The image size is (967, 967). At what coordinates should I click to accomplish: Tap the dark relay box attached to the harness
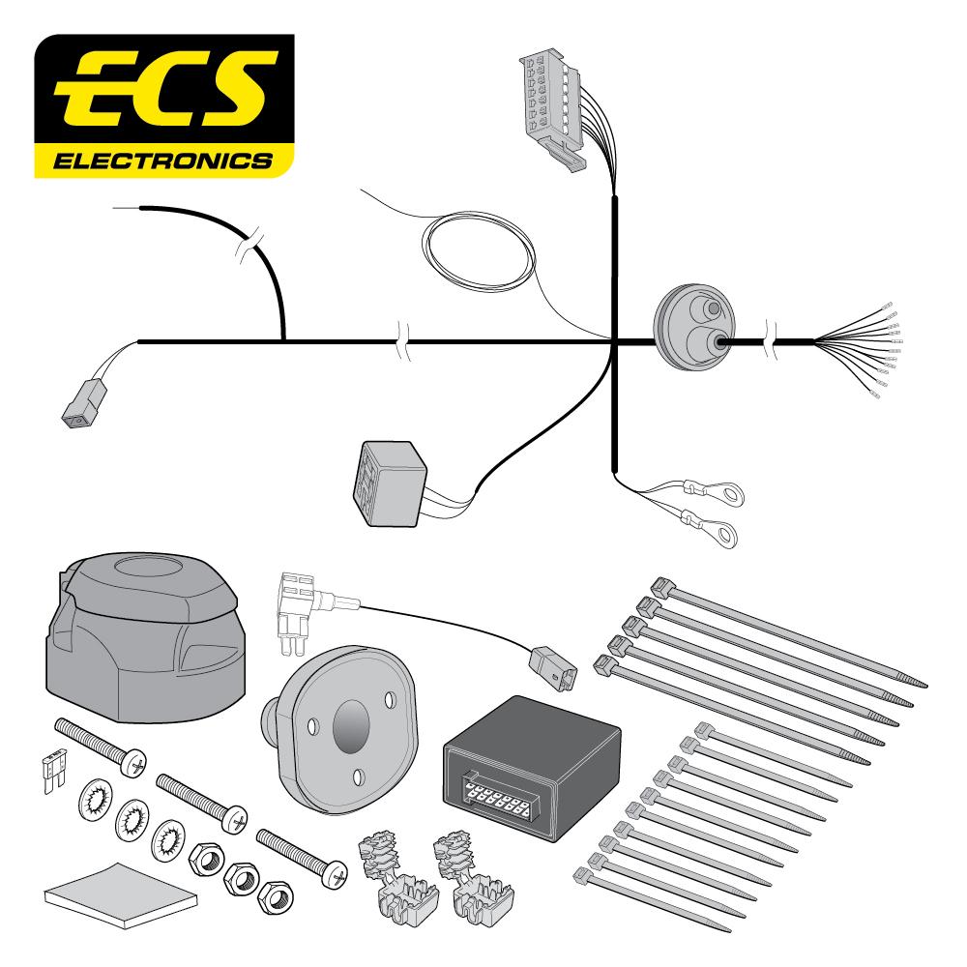(390, 483)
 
